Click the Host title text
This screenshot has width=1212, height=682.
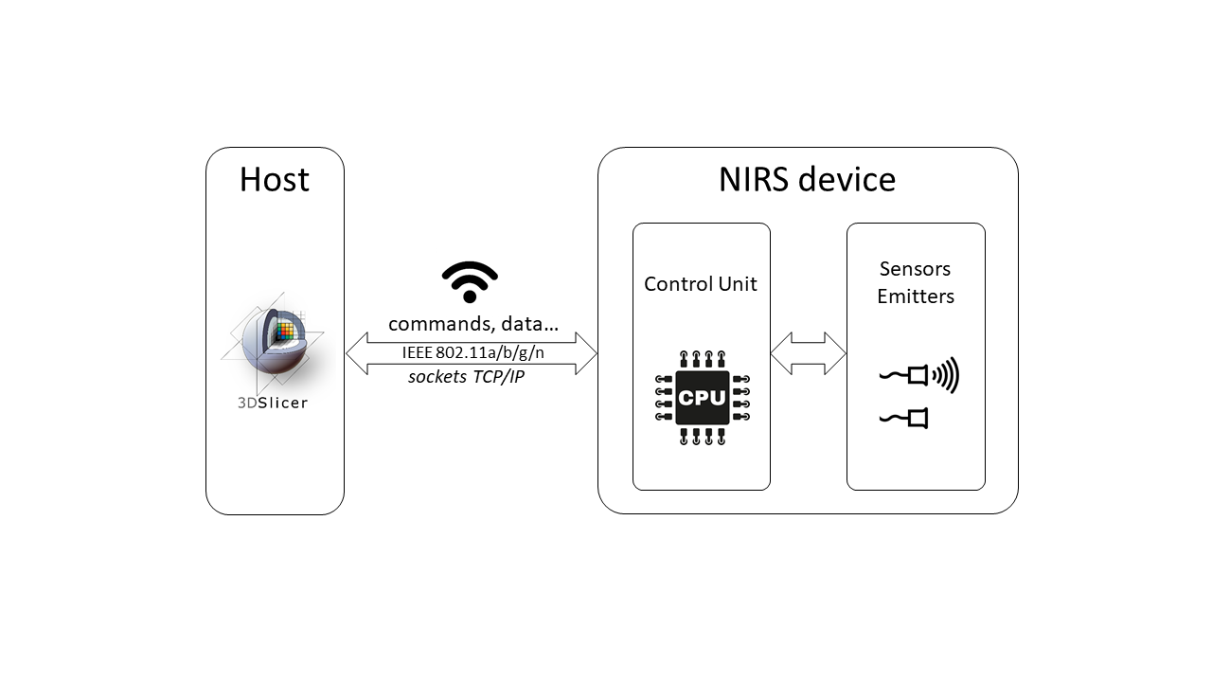[x=275, y=180]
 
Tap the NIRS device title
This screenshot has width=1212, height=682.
[x=807, y=179]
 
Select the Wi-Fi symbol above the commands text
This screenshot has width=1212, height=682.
[x=470, y=281]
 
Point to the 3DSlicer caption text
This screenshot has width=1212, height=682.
[x=273, y=403]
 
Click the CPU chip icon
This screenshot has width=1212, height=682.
[x=702, y=398]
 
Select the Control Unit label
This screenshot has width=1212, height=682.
[x=701, y=284]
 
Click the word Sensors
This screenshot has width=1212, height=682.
[x=915, y=269]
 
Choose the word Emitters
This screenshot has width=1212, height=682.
[x=916, y=296]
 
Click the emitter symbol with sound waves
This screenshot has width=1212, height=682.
[x=919, y=376]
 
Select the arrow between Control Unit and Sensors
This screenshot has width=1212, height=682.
[x=808, y=352]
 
